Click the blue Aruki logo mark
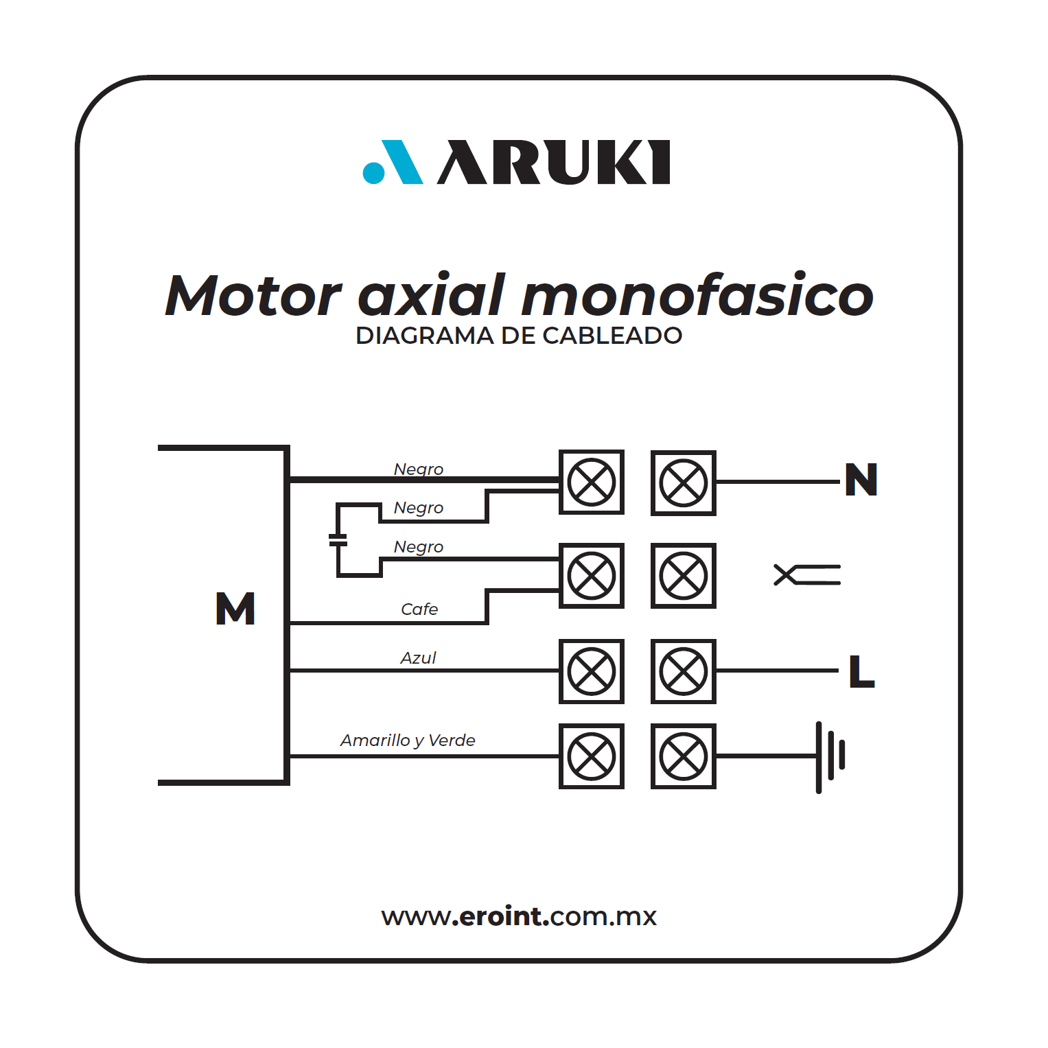(x=392, y=163)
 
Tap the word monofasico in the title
(x=697, y=295)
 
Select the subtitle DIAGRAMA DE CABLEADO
(x=519, y=336)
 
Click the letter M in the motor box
(x=235, y=608)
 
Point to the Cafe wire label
(x=419, y=609)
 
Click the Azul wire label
(x=418, y=658)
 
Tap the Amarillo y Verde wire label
(x=408, y=741)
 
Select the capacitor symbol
(x=338, y=540)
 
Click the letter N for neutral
(x=861, y=480)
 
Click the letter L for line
(x=861, y=671)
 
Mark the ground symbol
(x=830, y=757)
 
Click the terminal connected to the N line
(x=684, y=482)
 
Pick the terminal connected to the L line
(x=684, y=671)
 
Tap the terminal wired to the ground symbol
(x=684, y=756)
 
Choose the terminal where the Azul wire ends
(x=592, y=671)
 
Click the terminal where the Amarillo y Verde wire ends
(x=592, y=756)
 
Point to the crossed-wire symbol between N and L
(x=807, y=575)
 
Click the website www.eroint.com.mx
(x=519, y=917)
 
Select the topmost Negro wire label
(x=419, y=469)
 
